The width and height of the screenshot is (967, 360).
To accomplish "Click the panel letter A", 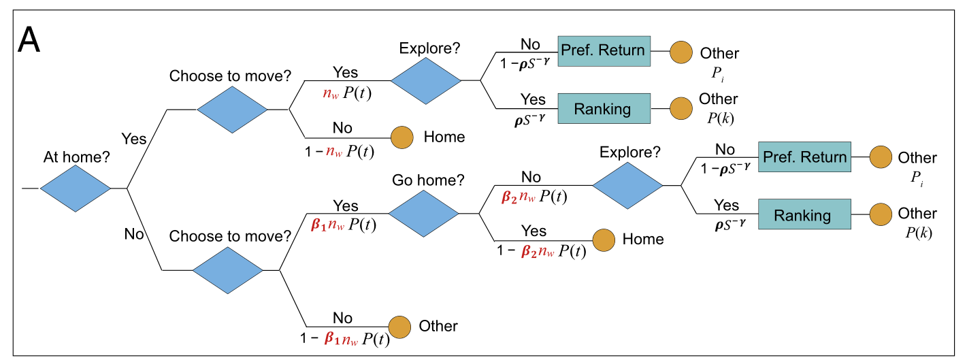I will (29, 41).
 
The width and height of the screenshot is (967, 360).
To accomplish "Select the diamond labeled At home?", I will (75, 187).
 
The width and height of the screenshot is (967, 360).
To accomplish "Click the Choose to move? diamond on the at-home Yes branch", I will (232, 109).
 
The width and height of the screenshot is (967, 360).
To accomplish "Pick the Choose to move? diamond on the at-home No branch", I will (227, 270).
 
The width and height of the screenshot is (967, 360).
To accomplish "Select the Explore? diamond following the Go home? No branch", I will (627, 185).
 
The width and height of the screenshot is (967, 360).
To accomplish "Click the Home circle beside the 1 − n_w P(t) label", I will (401, 137).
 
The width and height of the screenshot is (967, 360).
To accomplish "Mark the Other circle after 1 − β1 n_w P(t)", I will (399, 327).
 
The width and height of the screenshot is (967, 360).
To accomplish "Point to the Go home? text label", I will (428, 181).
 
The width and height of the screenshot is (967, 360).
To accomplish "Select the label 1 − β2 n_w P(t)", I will (541, 250).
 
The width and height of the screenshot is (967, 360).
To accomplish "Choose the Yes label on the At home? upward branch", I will (133, 139).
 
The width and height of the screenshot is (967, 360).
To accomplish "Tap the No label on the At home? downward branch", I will (134, 234).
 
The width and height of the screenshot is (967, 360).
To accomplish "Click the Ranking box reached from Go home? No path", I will (802, 215).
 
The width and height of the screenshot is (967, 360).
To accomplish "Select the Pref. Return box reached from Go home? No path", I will (804, 158).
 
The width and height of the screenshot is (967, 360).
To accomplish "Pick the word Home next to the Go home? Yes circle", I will (643, 240).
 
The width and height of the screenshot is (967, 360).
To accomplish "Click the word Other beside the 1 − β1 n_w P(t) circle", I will (438, 327).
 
